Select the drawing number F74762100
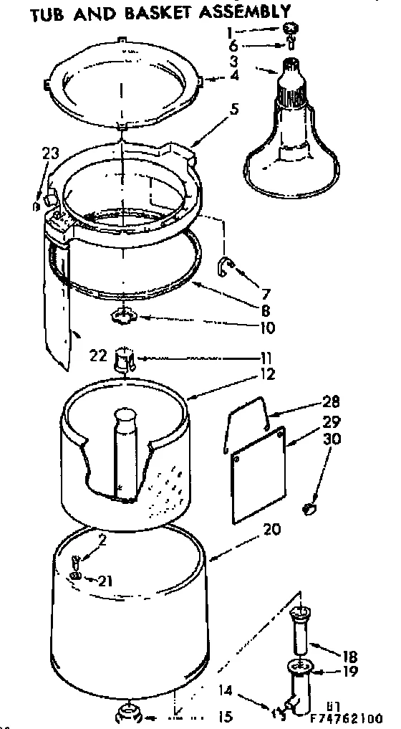point(344,717)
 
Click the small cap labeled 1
point(291,29)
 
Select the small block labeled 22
point(126,356)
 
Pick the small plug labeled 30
point(310,509)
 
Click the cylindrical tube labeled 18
point(300,632)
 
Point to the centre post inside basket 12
point(122,452)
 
